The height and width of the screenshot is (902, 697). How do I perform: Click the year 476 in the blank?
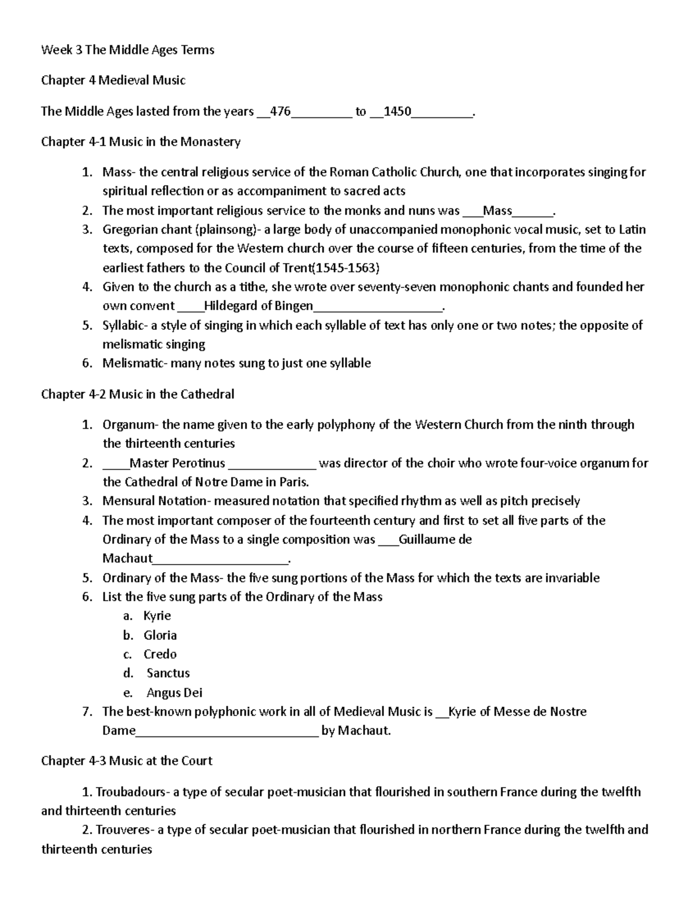(x=281, y=112)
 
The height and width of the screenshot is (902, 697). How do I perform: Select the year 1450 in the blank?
(x=398, y=112)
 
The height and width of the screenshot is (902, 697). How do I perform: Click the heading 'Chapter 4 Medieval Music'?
(x=113, y=80)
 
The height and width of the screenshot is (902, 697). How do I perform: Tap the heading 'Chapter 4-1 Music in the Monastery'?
(x=141, y=142)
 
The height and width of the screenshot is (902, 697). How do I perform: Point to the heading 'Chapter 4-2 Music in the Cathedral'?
(x=138, y=394)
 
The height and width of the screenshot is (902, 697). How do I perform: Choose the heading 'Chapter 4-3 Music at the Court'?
(x=127, y=761)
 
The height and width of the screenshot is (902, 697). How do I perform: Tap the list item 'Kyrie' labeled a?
(x=157, y=616)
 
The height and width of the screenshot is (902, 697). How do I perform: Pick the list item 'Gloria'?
(x=160, y=635)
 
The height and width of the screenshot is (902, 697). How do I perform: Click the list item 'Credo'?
(x=160, y=654)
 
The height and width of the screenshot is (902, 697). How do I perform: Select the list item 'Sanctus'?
(x=168, y=673)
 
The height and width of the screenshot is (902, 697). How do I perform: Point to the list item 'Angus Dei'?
(x=174, y=692)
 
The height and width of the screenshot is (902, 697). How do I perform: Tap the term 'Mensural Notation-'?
(x=156, y=501)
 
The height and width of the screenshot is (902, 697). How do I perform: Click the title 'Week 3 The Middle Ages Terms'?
(x=128, y=50)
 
